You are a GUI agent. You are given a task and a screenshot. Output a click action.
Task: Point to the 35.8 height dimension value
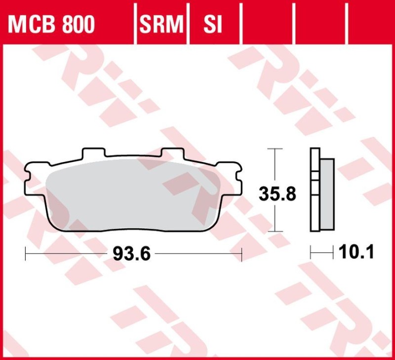(x=277, y=194)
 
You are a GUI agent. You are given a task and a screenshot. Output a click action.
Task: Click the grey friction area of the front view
(x=133, y=195)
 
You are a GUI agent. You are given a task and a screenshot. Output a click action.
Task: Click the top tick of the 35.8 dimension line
(x=275, y=148)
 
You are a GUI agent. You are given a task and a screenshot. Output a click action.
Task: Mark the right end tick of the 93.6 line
(x=241, y=254)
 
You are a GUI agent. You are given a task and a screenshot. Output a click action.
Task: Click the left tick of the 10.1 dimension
(x=311, y=253)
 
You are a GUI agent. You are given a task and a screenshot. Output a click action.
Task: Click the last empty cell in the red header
(x=370, y=23)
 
